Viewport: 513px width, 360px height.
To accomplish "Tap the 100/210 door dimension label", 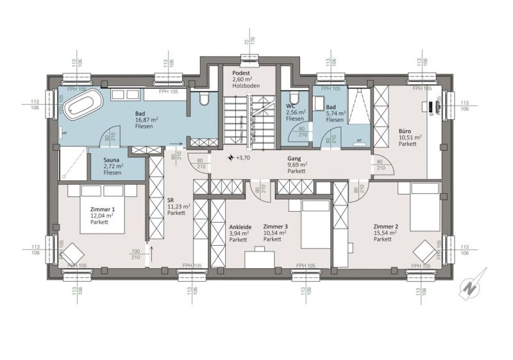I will pyautogui.click(x=136, y=254).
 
